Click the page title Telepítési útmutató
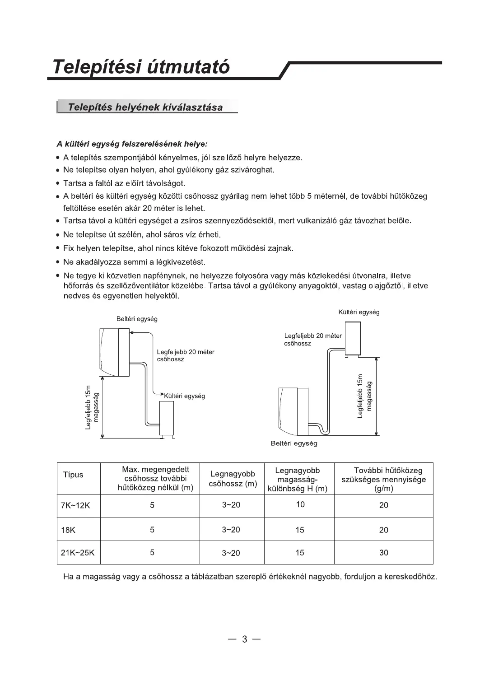(141, 67)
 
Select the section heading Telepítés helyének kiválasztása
(145, 107)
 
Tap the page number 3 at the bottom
(245, 639)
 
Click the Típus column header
(73, 475)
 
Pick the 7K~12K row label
(75, 505)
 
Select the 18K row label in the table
(68, 530)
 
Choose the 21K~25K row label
(78, 553)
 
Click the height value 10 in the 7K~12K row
(300, 504)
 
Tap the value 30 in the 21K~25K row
(383, 553)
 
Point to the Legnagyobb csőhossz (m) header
(233, 479)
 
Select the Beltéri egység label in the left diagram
(137, 319)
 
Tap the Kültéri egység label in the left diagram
(185, 396)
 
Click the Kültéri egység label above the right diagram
(359, 312)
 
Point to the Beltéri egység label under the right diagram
(294, 443)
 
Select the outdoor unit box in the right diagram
(352, 338)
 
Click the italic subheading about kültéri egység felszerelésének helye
(132, 145)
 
